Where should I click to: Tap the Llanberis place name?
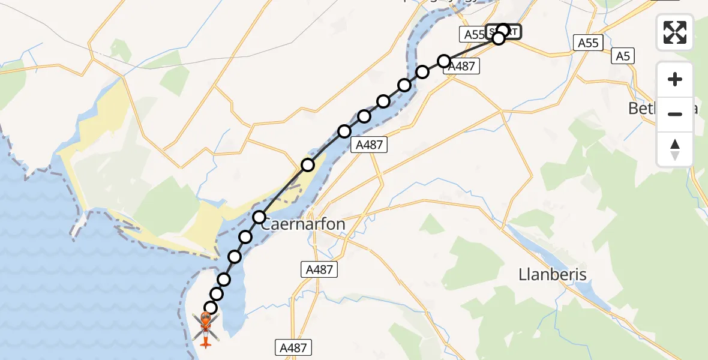click(x=552, y=275)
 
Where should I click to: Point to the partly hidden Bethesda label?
click(x=642, y=109)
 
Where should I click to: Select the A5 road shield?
click(x=623, y=57)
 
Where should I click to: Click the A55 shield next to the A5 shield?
click(x=588, y=43)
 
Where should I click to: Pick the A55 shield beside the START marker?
click(x=473, y=35)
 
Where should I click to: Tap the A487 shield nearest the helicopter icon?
click(x=294, y=347)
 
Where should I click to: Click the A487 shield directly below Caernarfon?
click(x=319, y=269)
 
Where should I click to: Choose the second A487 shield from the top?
click(x=369, y=145)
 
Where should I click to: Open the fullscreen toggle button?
click(x=675, y=32)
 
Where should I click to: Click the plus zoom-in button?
click(x=675, y=79)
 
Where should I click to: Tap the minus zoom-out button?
click(x=675, y=114)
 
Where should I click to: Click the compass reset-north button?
click(x=675, y=149)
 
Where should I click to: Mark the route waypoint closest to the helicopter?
click(x=210, y=308)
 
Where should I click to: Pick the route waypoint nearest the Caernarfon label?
click(x=259, y=217)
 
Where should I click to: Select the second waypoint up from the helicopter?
click(x=217, y=294)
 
